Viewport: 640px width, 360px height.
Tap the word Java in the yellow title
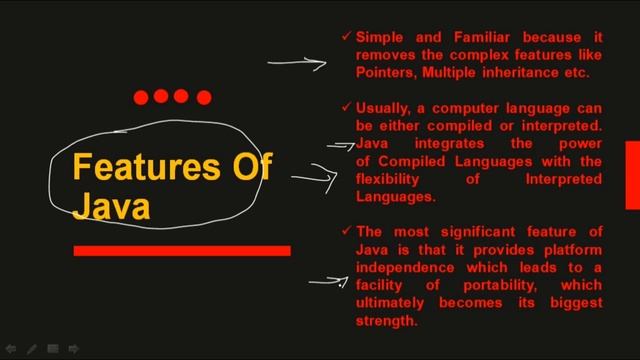pos(111,206)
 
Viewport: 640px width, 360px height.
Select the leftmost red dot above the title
pos(141,97)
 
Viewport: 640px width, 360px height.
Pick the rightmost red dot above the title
pos(204,97)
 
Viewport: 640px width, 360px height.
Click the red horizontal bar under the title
pos(182,250)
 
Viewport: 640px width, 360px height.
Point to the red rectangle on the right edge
pos(632,175)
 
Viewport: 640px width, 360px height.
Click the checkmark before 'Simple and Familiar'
pos(345,36)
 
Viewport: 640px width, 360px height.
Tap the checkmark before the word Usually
pos(345,106)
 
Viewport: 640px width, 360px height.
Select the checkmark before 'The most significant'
pos(345,231)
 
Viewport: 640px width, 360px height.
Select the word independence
pos(405,268)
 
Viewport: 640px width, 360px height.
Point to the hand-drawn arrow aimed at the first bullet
pos(297,62)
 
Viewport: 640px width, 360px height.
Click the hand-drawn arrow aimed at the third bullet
pos(327,280)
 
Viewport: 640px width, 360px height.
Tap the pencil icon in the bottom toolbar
pos(32,349)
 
